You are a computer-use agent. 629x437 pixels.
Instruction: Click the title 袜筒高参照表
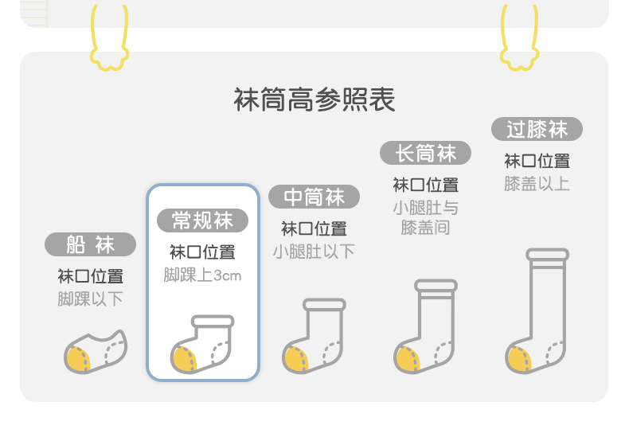314,99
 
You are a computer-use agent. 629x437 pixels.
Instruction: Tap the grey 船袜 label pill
90,244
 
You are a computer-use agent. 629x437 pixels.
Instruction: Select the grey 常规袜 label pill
202,220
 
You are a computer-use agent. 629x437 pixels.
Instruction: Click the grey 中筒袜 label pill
314,197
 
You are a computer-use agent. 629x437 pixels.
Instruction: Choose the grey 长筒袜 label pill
425,153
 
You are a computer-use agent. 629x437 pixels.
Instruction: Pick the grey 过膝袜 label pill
537,129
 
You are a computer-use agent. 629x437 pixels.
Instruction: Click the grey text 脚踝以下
90,299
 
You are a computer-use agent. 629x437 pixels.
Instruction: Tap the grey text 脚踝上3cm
202,275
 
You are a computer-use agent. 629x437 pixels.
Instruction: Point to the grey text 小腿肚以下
314,252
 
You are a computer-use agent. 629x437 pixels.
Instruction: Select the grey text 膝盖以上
537,184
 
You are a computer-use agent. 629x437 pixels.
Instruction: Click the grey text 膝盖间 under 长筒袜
425,228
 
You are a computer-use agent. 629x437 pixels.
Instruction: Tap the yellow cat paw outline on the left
110,40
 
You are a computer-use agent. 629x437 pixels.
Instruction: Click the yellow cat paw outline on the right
519,40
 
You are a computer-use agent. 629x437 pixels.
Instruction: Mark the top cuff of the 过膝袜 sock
547,255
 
